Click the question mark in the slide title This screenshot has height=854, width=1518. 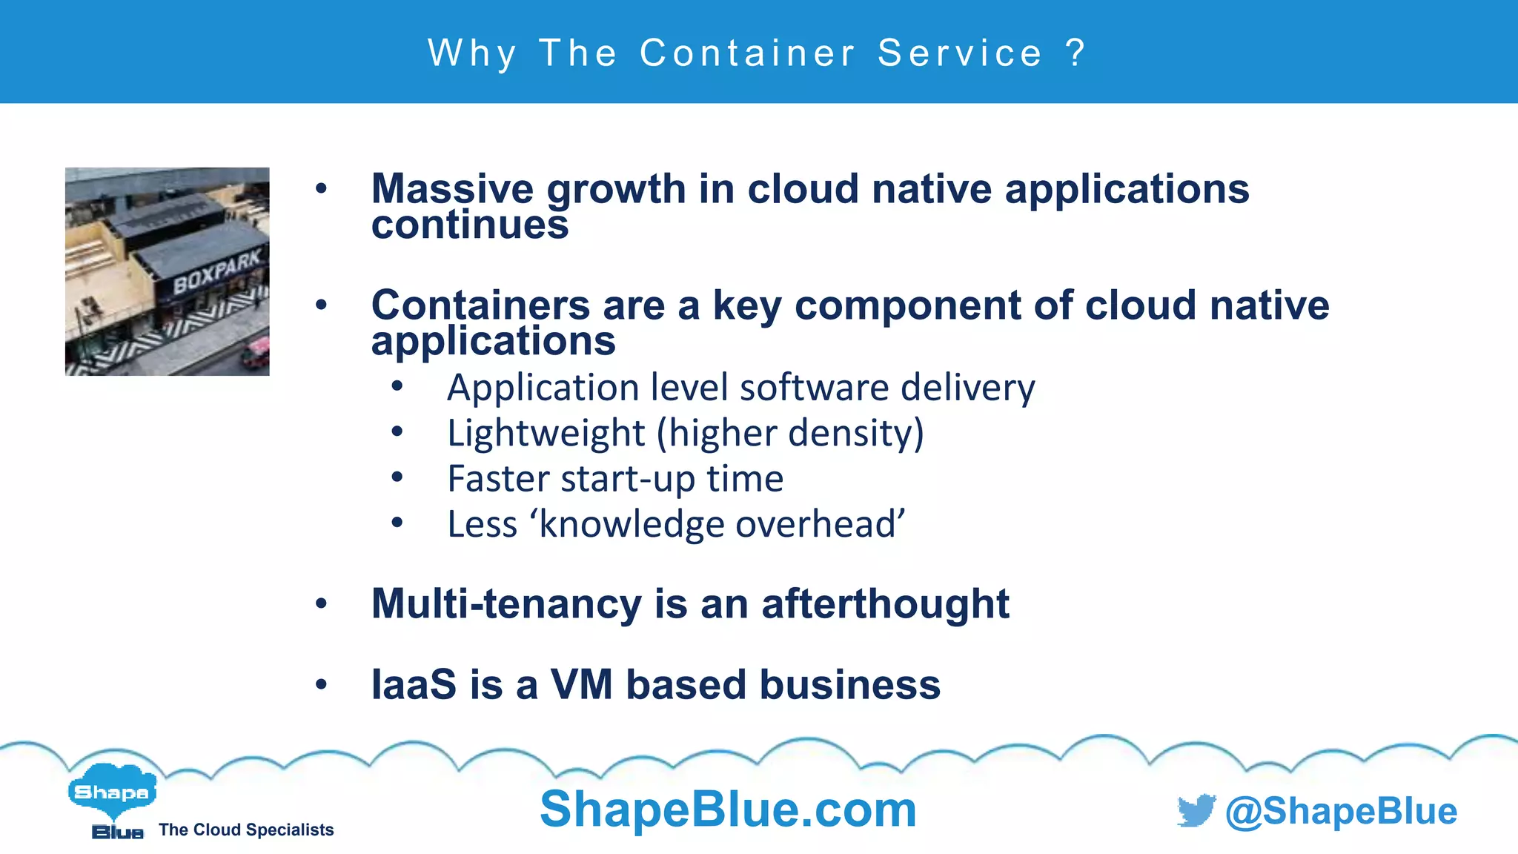click(1075, 53)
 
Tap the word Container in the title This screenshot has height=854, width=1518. click(748, 53)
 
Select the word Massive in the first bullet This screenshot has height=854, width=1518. click(452, 189)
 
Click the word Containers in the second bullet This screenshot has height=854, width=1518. click(481, 305)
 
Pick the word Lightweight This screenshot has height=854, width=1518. click(546, 433)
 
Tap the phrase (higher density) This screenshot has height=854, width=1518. click(790, 433)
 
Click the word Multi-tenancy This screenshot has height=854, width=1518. click(506, 603)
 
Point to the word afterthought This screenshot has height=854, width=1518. click(885, 603)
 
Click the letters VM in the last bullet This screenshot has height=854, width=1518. click(582, 684)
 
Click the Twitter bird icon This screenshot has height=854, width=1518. click(1196, 810)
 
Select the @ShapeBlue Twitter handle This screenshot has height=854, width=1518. click(1341, 811)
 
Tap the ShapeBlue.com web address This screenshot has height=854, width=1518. click(728, 809)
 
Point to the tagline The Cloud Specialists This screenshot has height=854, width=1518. click(246, 830)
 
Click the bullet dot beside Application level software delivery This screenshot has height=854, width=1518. click(397, 385)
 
